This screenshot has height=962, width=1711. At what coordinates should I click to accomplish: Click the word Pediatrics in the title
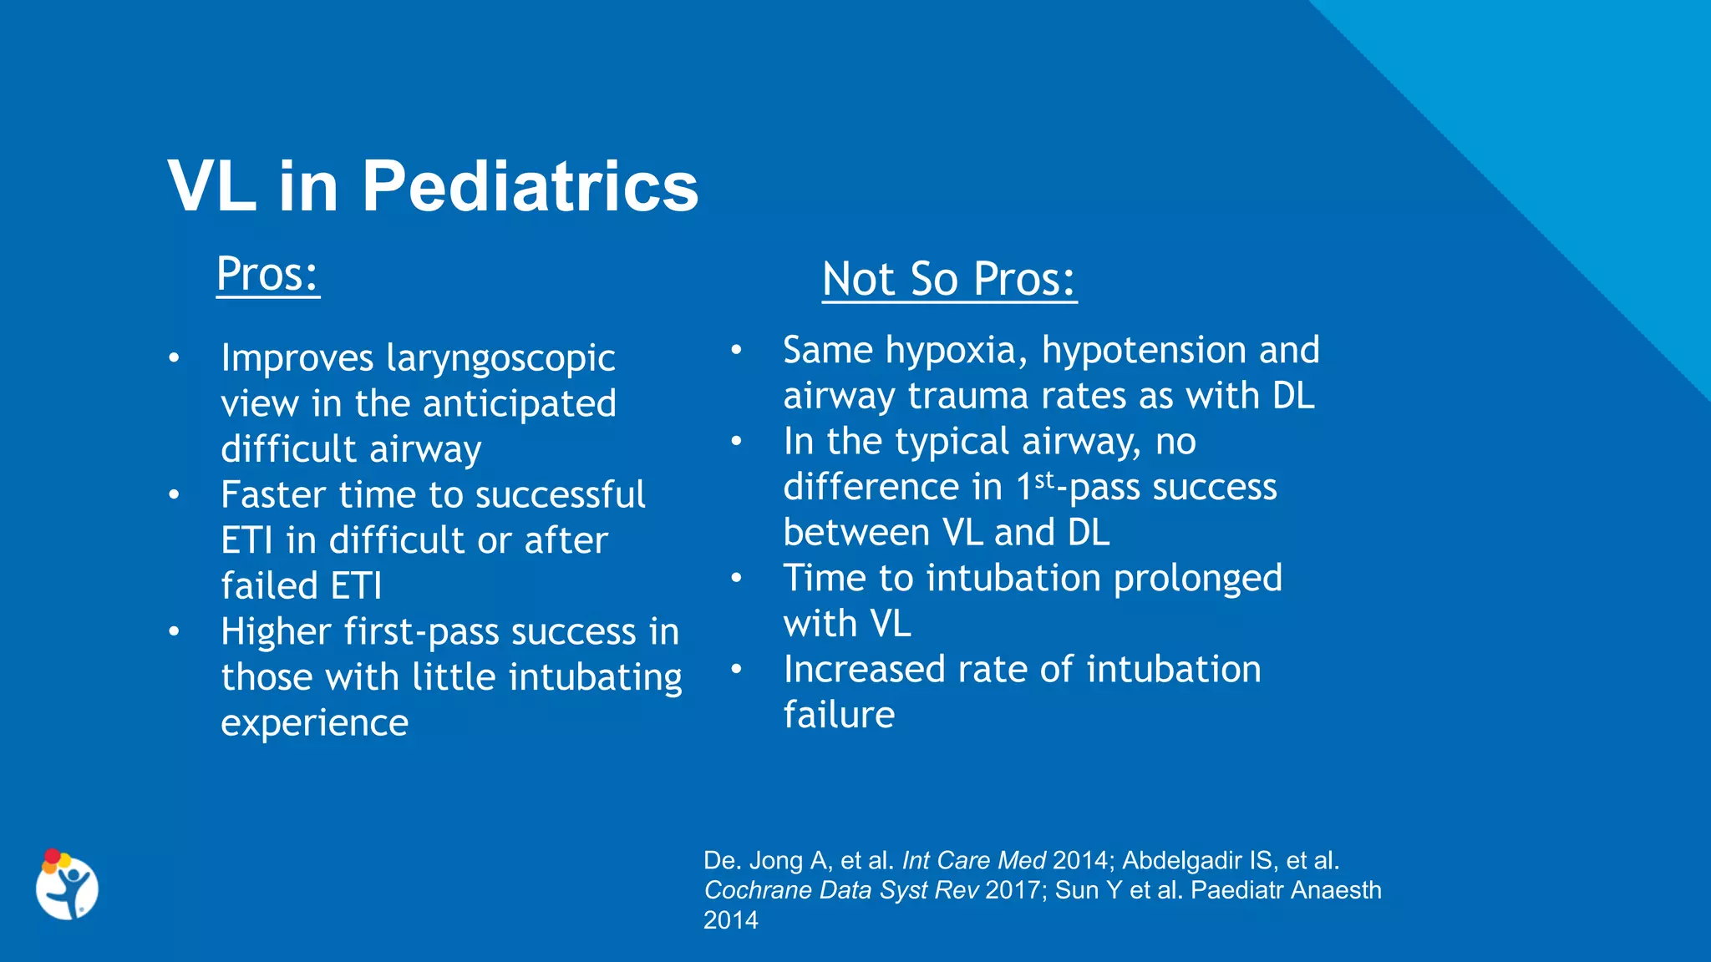pos(530,186)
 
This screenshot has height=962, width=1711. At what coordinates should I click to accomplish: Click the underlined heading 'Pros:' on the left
pos(267,274)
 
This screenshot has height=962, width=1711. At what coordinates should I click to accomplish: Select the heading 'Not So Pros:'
pos(948,279)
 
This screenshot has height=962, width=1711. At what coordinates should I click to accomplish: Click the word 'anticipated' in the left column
pos(519,404)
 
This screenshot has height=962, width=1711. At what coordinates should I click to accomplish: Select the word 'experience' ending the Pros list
pos(314,723)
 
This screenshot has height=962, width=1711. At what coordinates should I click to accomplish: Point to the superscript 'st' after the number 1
pos(1044,480)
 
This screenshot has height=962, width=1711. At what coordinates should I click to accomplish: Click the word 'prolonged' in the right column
pos(1197,579)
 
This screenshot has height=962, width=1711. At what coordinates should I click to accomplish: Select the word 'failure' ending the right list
pos(838,716)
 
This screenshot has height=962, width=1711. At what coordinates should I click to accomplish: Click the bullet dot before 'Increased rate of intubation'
pos(736,669)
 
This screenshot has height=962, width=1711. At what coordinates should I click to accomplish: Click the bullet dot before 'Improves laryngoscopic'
pos(174,358)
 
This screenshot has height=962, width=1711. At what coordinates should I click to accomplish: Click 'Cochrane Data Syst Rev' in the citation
pos(840,890)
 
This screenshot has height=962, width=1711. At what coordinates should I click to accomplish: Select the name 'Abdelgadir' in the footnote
pos(1181,860)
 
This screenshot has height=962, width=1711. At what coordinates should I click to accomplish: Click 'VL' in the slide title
pos(211,186)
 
